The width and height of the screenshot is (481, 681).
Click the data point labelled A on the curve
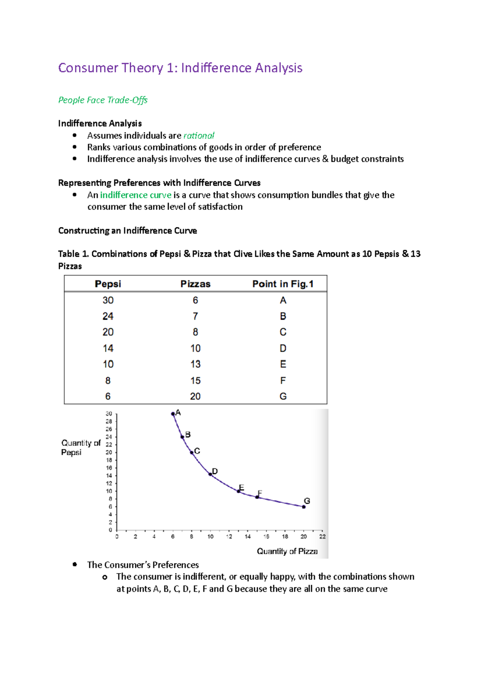coord(173,414)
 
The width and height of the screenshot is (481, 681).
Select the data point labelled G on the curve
coord(304,507)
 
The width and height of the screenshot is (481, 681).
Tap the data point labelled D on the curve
coord(210,474)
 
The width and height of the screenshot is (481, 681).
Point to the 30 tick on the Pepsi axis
coord(109,413)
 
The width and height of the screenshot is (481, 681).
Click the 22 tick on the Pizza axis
coord(322,537)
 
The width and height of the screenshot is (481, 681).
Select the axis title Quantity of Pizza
coord(287,551)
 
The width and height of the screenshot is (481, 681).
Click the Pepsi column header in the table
coord(108,284)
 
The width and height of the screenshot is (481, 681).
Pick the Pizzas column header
coord(195,284)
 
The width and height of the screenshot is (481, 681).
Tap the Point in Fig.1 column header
coord(283,284)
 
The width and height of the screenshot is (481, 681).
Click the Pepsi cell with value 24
coord(108,316)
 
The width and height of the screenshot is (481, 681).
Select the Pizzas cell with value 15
coord(195,381)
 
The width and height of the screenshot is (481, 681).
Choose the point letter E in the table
coord(283,364)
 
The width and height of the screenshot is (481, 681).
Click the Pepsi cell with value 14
coord(108,349)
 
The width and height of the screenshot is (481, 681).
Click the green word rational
coord(199,136)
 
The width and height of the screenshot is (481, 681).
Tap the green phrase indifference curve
coord(135,195)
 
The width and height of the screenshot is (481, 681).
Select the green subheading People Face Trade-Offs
coord(103,100)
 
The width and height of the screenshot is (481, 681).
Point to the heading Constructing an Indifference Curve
coord(127,231)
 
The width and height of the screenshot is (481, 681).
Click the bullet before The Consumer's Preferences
coord(75,564)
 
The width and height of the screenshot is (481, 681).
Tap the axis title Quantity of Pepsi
coord(80,448)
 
